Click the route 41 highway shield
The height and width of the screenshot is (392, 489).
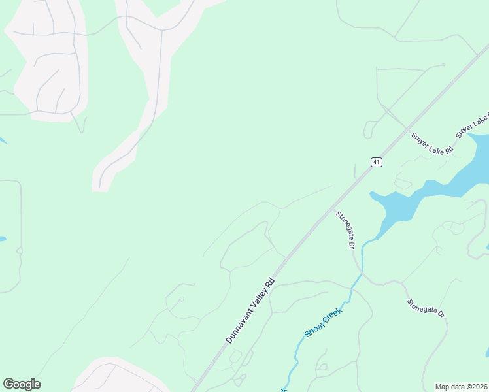(x=376, y=162)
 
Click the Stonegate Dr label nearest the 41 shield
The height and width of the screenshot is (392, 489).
(x=345, y=229)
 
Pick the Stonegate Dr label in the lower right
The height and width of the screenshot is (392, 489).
(x=426, y=308)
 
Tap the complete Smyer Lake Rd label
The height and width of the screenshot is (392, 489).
(x=432, y=144)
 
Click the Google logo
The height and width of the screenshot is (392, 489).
(x=22, y=384)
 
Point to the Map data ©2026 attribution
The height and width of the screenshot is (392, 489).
(x=462, y=386)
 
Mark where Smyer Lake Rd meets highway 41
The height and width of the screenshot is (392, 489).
(x=406, y=128)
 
